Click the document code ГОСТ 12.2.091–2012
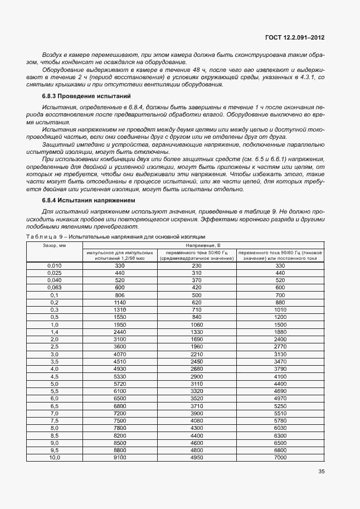(x=295, y=38)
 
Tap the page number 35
(x=322, y=472)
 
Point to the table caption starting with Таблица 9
(x=115, y=237)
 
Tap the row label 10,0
(x=55, y=457)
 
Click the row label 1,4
(x=55, y=332)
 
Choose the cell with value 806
(x=120, y=295)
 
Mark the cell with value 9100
(x=120, y=457)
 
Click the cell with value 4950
(x=196, y=457)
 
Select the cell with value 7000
(x=280, y=457)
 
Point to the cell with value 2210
(x=196, y=354)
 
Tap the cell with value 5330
(x=120, y=376)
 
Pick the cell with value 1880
(x=280, y=332)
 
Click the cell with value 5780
(x=280, y=420)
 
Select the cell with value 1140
(x=120, y=302)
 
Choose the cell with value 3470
(x=280, y=361)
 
